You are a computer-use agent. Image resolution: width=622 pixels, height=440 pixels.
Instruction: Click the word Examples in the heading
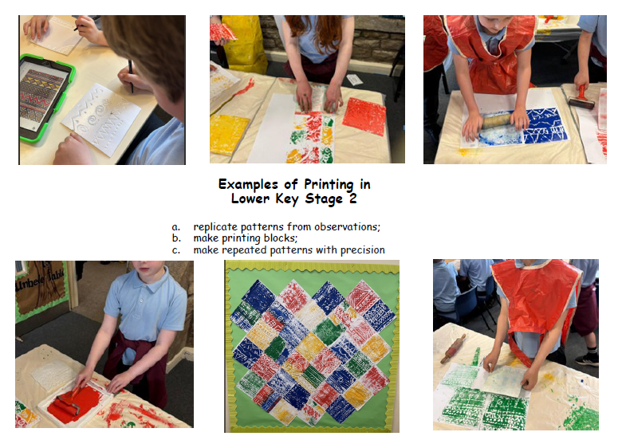[x=248, y=184]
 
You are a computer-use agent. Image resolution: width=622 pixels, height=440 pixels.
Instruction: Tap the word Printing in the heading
[x=329, y=185]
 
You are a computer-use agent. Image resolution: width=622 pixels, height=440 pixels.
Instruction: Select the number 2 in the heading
[x=352, y=198]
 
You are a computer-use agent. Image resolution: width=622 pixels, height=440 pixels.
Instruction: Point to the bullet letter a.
[x=175, y=227]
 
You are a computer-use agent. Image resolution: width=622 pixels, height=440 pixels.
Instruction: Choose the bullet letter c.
[x=175, y=250]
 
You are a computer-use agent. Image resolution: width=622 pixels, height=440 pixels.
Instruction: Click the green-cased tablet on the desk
[x=45, y=96]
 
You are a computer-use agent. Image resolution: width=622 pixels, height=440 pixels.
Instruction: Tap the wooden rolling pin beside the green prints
[x=453, y=348]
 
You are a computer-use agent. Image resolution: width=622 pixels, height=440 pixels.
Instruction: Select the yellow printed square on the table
[x=228, y=134]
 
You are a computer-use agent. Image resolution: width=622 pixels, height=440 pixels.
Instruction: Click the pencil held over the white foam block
[x=131, y=76]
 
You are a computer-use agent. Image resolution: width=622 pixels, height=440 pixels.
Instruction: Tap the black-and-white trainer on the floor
[x=587, y=359]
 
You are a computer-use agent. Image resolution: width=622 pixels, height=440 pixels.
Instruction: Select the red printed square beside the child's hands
[x=364, y=116]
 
